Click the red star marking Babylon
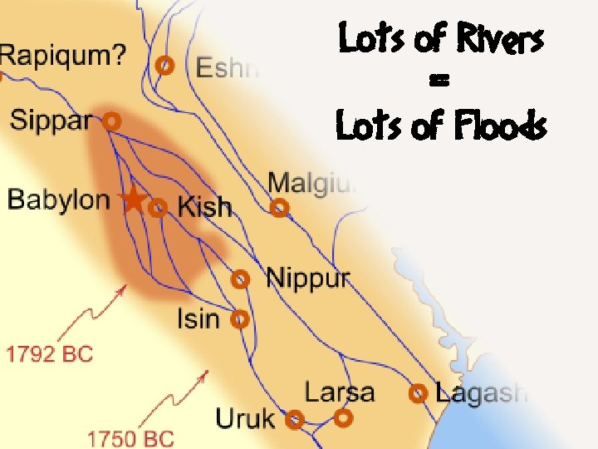click(x=132, y=200)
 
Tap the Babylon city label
click(x=58, y=200)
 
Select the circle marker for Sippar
click(x=112, y=121)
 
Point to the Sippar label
click(x=51, y=120)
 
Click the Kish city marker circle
click(x=158, y=208)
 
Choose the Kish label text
click(x=204, y=207)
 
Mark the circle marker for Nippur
click(x=241, y=279)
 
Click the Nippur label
click(x=307, y=278)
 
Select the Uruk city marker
click(x=294, y=419)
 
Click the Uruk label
click(x=245, y=418)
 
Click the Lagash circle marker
click(x=419, y=392)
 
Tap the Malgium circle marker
click(x=280, y=208)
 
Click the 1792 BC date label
click(x=50, y=353)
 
